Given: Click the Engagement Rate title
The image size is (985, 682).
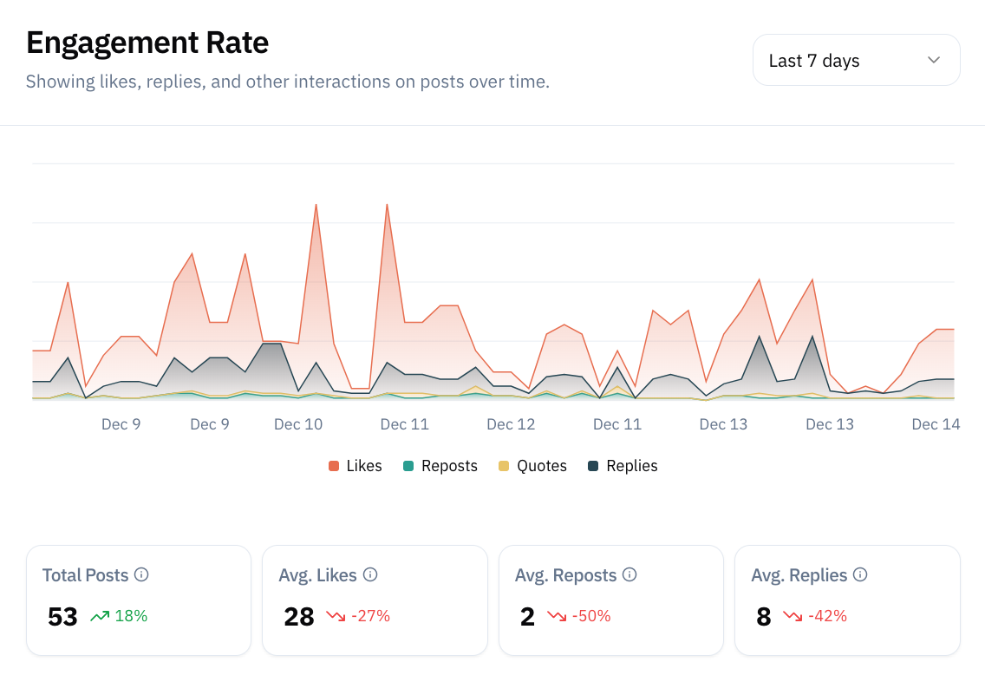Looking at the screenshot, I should [x=147, y=42].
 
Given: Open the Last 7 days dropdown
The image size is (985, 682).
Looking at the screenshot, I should [x=855, y=60].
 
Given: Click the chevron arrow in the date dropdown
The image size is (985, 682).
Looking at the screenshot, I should [x=933, y=60].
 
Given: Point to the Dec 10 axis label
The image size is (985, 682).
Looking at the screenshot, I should [x=297, y=423].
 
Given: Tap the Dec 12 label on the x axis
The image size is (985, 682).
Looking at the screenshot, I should [x=511, y=423].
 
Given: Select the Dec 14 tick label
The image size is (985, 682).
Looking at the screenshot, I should [x=936, y=423].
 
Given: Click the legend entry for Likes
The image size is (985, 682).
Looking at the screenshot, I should [x=356, y=466].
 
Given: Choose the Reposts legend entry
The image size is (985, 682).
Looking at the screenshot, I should [x=440, y=466].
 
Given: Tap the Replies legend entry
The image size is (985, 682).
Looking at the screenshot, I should [x=623, y=466].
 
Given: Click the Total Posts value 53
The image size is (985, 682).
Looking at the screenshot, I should [x=62, y=616].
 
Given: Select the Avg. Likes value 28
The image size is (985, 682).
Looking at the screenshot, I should [x=299, y=616].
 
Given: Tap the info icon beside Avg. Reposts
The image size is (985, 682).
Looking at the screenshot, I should [x=630, y=574].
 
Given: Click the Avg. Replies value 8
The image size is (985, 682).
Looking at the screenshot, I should [x=763, y=616].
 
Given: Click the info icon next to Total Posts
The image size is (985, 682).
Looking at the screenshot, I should [x=141, y=574].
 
